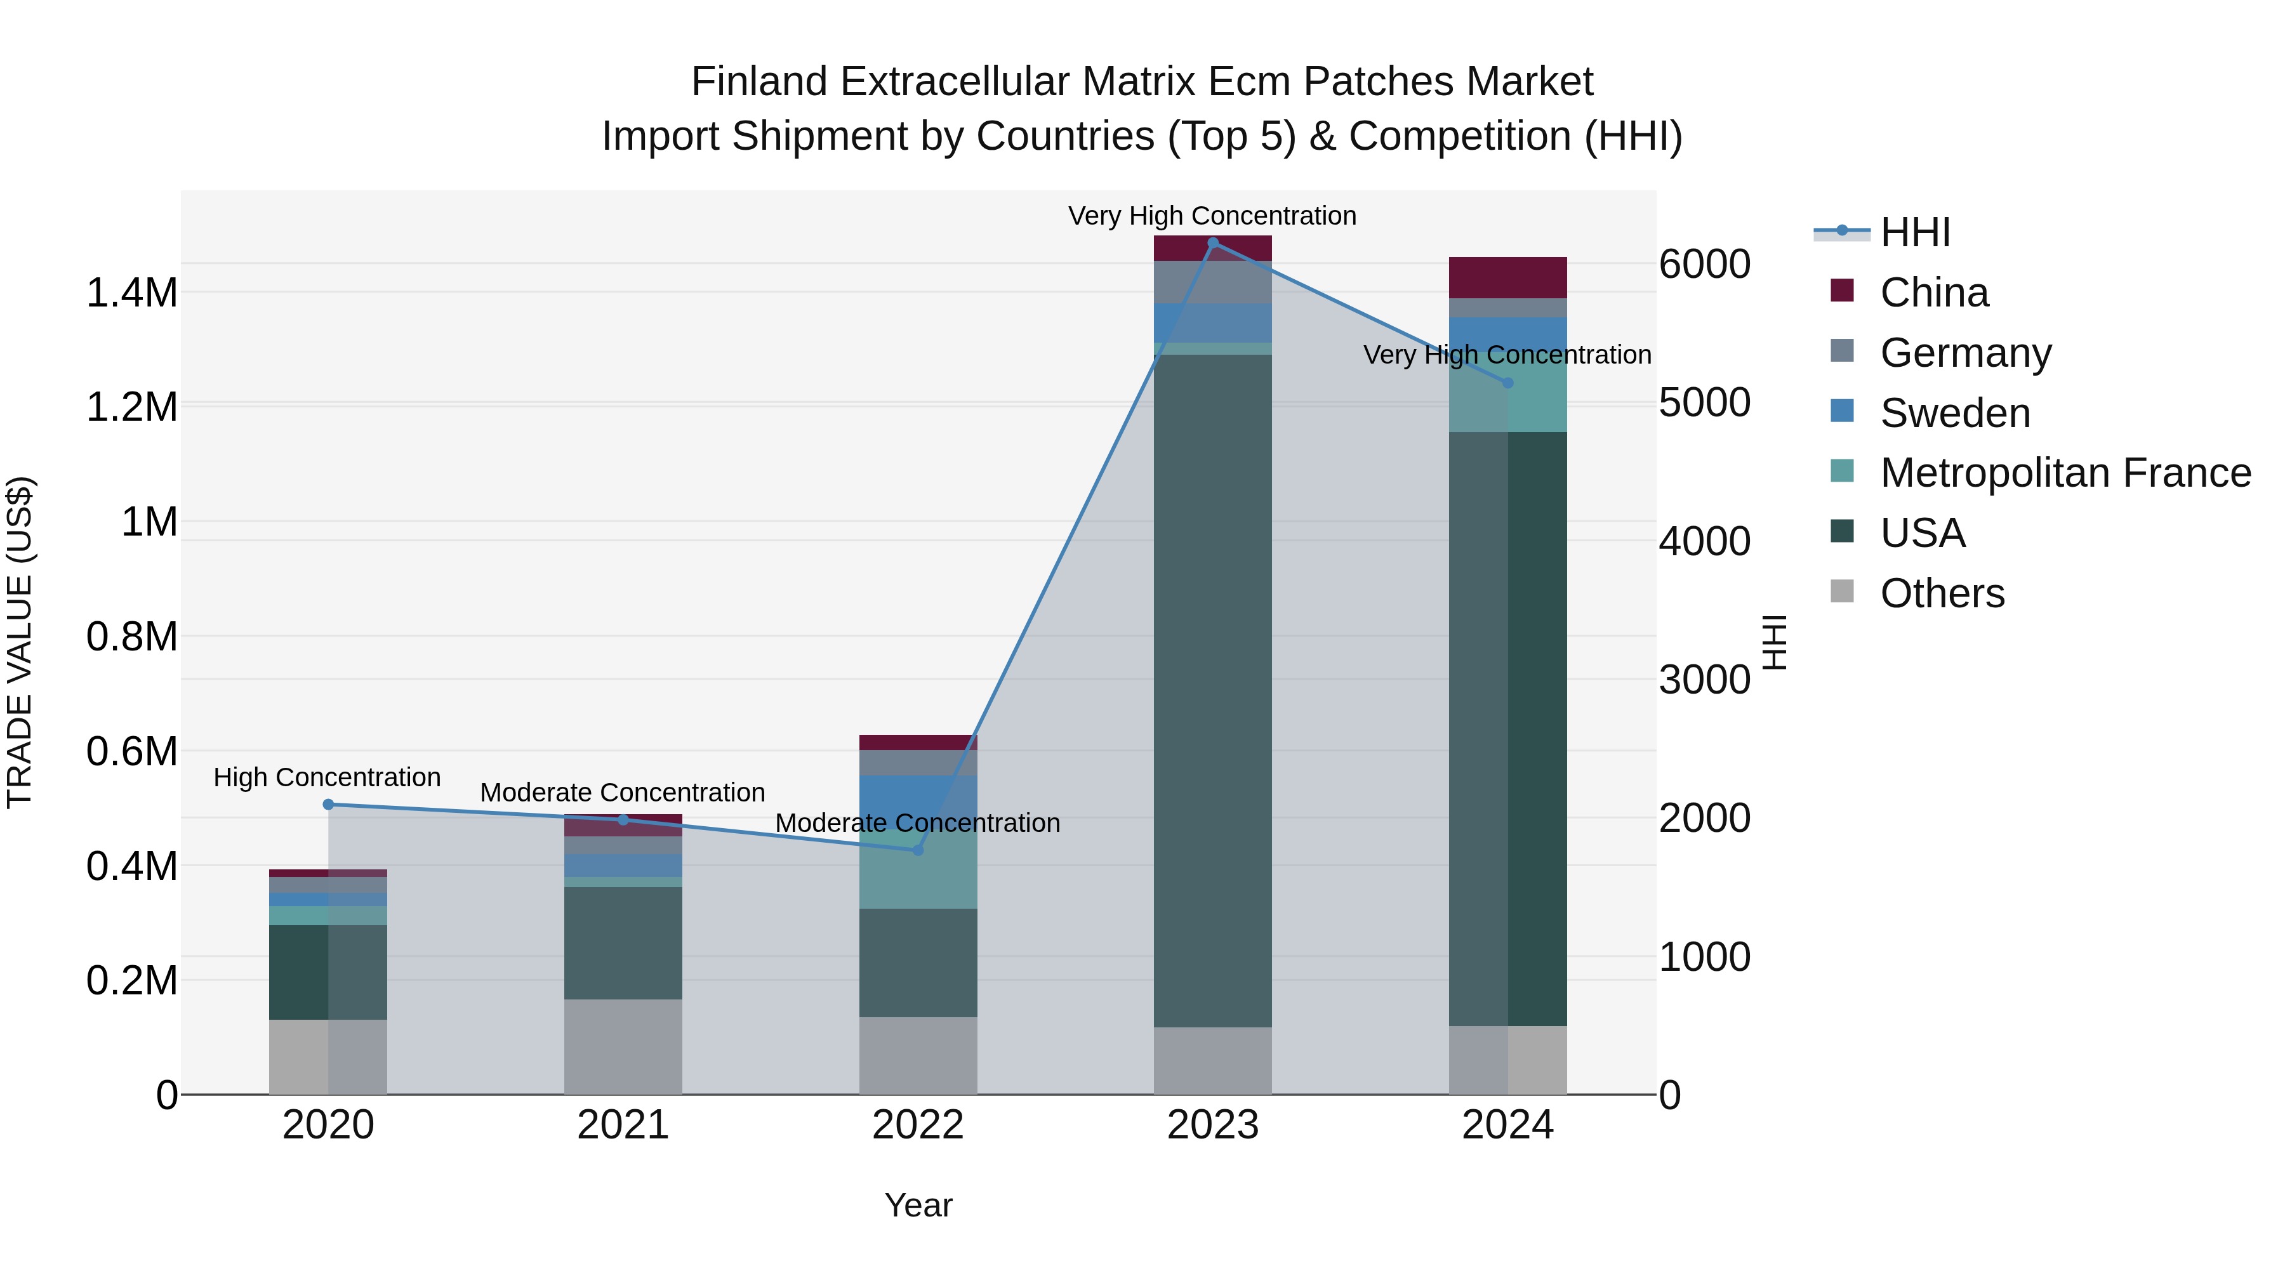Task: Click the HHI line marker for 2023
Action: click(x=1212, y=242)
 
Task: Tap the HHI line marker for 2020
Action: click(x=328, y=805)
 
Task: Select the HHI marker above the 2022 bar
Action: click(x=918, y=850)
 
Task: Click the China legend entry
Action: click(x=1934, y=293)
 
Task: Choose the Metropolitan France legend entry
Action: click(x=2065, y=473)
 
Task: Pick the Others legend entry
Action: click(x=1942, y=593)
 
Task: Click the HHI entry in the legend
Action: click(x=1914, y=232)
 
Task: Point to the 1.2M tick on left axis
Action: click(x=131, y=407)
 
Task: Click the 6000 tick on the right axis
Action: click(x=1704, y=264)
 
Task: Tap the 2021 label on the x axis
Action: click(x=623, y=1125)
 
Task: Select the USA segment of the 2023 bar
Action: click(x=1212, y=692)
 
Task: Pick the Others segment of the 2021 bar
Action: click(x=623, y=1046)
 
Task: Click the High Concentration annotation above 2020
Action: click(x=328, y=778)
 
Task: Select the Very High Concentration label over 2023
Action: click(x=1212, y=216)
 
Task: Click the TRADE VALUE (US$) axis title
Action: click(x=20, y=642)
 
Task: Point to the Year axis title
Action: click(x=918, y=1205)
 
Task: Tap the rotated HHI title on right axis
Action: click(x=1773, y=642)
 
